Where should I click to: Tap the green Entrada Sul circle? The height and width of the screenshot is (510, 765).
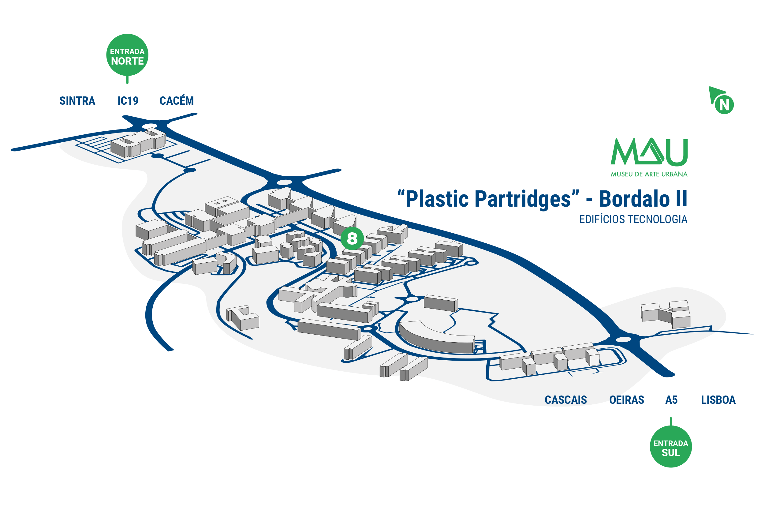[x=670, y=446]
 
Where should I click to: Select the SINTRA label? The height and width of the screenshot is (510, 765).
[x=77, y=101]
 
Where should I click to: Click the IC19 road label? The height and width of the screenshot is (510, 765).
[x=128, y=101]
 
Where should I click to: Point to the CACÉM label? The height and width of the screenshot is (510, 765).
[x=177, y=100]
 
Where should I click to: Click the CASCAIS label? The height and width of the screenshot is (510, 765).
[x=566, y=400]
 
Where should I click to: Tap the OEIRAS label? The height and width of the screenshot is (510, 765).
[x=626, y=400]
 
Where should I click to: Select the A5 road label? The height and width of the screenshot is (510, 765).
[x=671, y=400]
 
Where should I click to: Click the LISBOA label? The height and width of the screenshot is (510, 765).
[x=718, y=400]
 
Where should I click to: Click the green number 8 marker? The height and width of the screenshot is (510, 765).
[x=352, y=238]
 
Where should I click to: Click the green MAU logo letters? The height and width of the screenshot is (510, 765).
[x=649, y=152]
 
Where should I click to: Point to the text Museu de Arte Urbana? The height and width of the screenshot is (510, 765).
[x=649, y=174]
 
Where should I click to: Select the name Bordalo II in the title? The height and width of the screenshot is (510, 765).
[x=643, y=199]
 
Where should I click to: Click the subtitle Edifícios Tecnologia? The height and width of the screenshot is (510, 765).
[x=633, y=219]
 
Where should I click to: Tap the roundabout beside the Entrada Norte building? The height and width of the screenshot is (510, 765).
[x=150, y=126]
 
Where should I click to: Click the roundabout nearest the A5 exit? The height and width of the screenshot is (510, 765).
[x=623, y=339]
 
